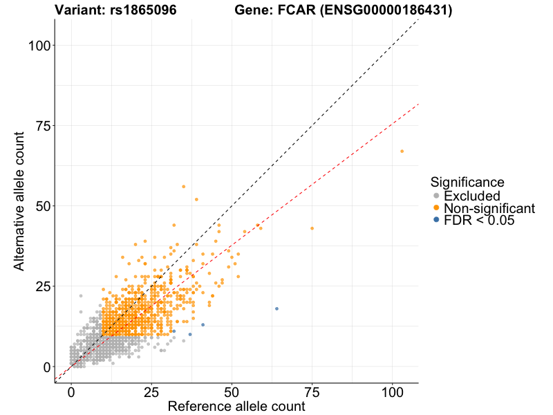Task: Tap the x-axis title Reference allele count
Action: tap(236, 406)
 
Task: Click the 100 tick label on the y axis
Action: tap(40, 46)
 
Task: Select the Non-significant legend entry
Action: tap(489, 208)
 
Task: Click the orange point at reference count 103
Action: tap(402, 151)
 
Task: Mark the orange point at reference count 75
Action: tap(312, 228)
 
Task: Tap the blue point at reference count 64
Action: tap(276, 308)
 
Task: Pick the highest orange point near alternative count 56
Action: tap(183, 187)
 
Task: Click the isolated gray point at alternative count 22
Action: tap(81, 296)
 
